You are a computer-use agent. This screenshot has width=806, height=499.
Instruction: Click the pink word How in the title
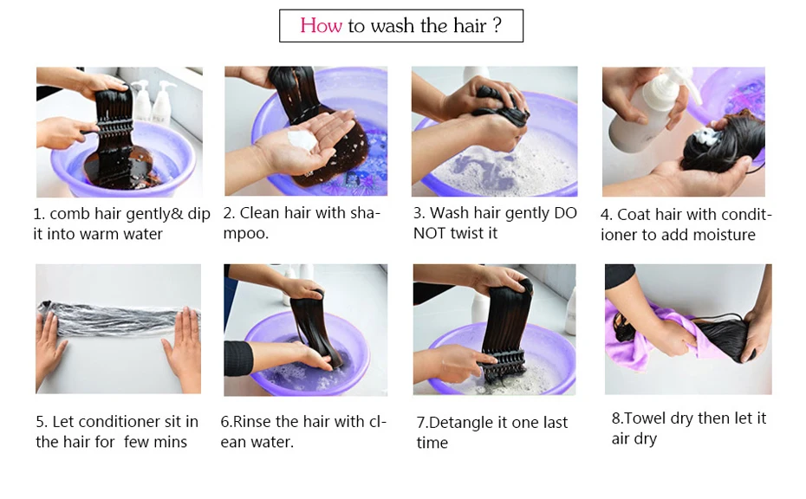pos(321,26)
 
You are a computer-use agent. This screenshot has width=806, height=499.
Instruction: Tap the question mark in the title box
pos(497,26)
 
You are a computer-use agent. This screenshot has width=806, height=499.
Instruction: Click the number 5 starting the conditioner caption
pos(40,422)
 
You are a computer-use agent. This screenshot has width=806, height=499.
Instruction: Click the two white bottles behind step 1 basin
pos(152,100)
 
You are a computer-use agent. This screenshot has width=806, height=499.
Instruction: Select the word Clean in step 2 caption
pos(257,213)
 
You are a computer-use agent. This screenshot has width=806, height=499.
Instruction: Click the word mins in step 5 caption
pos(171,443)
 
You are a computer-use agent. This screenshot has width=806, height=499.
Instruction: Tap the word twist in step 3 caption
pos(473,233)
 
